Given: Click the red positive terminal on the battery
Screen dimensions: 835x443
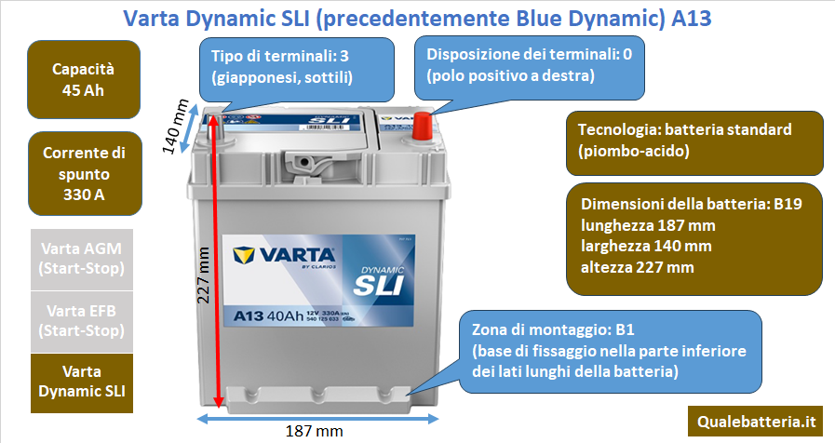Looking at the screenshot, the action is click(x=423, y=127).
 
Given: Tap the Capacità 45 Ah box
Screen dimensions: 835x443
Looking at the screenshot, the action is click(x=84, y=79).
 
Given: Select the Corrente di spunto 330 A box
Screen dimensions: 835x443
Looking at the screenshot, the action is click(x=85, y=174).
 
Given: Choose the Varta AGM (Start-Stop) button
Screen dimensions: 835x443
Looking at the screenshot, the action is click(x=82, y=260).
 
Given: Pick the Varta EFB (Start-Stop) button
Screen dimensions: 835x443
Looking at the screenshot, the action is click(x=82, y=322).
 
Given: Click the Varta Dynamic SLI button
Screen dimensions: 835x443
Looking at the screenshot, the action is click(x=82, y=383).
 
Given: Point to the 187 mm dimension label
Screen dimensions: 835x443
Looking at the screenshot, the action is click(x=315, y=431).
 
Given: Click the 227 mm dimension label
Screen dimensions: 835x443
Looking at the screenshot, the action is click(x=203, y=275).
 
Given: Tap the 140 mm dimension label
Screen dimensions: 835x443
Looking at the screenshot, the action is click(x=175, y=127).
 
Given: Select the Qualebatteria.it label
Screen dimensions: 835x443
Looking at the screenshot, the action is click(x=756, y=422).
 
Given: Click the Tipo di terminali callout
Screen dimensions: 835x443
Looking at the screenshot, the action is click(x=297, y=69).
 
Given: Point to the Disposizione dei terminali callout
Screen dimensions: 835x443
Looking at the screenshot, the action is click(x=530, y=68).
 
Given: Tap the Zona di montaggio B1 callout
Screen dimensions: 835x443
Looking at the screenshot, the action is click(x=611, y=352).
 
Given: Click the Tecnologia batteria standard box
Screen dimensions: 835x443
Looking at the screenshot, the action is click(x=694, y=142).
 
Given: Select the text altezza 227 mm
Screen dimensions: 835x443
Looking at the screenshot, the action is click(x=637, y=267).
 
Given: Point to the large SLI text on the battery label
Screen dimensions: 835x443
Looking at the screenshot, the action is click(x=379, y=286).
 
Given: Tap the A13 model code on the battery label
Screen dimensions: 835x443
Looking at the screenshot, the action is click(x=249, y=316).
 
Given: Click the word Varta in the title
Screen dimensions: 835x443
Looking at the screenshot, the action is click(x=151, y=19).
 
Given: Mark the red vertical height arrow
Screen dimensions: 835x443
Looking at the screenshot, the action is click(x=215, y=261).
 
